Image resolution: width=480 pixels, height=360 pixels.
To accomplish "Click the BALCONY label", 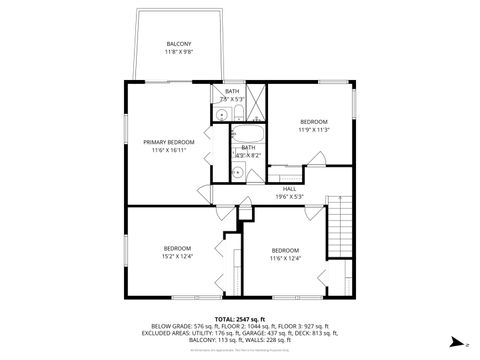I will [x=179, y=43].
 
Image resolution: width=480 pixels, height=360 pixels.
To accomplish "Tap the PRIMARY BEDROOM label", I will [x=168, y=142].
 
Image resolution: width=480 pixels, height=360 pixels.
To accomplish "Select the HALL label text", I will [x=289, y=188].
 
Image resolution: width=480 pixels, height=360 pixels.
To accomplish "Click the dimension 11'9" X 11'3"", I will [x=313, y=129].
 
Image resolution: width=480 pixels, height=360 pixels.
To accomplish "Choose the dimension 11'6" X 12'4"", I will [x=285, y=258].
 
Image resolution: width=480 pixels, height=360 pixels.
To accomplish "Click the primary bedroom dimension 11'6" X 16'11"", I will [x=168, y=150].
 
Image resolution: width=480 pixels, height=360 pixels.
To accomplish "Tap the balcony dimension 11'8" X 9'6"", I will [x=179, y=51].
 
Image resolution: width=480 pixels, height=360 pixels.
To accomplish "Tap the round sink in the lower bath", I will [x=239, y=171].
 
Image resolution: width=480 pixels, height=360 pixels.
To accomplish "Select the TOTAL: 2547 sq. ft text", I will [x=239, y=317].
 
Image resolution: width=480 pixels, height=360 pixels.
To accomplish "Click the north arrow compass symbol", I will [x=453, y=340].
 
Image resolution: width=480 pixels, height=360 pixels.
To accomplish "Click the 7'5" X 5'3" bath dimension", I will [x=232, y=99].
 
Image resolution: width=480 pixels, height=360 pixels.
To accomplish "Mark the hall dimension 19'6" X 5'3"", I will [x=289, y=196].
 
